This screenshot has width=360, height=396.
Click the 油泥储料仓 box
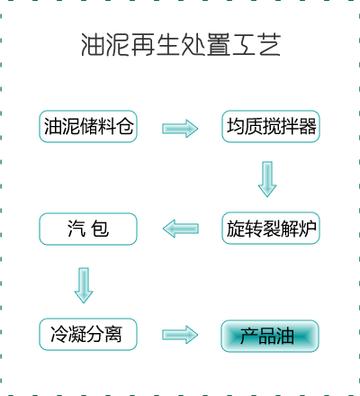[x=88, y=126]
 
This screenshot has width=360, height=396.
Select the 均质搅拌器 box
[x=271, y=126]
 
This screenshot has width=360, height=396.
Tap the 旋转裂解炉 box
[x=271, y=229]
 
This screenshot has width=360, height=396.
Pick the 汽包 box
[x=88, y=229]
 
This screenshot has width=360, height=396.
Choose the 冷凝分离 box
[x=88, y=334]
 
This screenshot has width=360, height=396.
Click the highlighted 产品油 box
[x=270, y=336]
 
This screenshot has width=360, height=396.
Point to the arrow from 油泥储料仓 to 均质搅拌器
[x=180, y=129]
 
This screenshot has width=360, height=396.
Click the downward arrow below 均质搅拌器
[x=267, y=179]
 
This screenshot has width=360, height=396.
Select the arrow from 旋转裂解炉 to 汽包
[x=181, y=229]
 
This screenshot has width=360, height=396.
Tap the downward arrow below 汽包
[x=84, y=285]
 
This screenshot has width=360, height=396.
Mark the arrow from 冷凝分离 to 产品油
[x=180, y=335]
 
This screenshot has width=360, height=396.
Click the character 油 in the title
[x=93, y=45]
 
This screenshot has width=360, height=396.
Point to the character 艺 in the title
[x=270, y=45]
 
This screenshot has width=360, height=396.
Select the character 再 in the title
[x=143, y=45]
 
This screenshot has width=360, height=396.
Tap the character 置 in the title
[x=219, y=45]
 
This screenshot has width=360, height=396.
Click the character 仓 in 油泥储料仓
[x=125, y=126]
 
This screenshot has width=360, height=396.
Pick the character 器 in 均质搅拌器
[x=308, y=126]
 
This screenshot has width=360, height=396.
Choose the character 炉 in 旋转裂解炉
[x=308, y=229]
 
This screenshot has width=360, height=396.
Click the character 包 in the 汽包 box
[x=100, y=229]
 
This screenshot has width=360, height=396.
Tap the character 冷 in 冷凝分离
[x=59, y=334]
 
